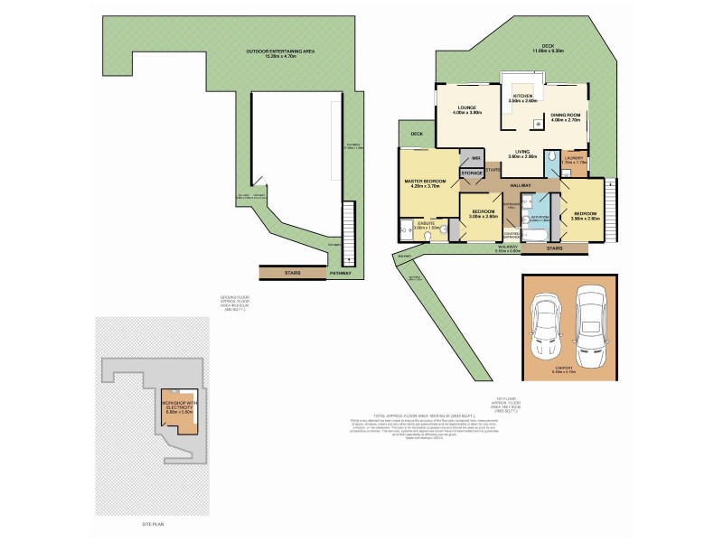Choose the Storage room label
[472, 172]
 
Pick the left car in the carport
[549, 327]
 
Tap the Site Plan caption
[152, 524]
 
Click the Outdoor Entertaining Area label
[280, 51]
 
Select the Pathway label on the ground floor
[341, 273]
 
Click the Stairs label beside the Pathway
[292, 273]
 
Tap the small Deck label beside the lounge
[417, 135]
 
